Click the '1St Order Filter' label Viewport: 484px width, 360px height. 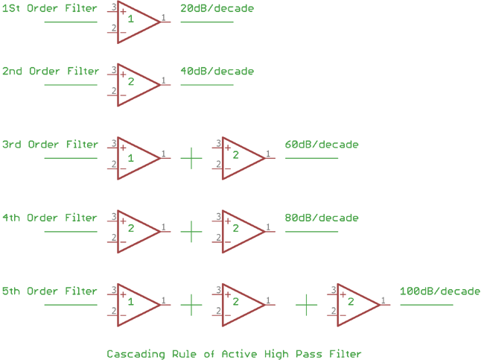coord(50,9)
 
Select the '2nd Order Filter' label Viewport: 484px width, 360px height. coord(50,72)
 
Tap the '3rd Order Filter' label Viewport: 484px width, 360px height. coord(50,145)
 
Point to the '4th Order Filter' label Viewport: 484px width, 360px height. coord(50,218)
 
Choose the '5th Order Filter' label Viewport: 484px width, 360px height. coord(50,291)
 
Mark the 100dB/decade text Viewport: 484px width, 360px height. coord(439,291)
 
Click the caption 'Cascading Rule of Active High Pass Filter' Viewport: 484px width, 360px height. coord(233,353)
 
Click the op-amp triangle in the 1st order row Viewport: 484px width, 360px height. coord(136,22)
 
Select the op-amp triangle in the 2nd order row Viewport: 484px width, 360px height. coord(136,84)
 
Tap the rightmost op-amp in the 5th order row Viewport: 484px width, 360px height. coord(355,304)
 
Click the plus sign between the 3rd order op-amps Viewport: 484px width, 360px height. coord(191,158)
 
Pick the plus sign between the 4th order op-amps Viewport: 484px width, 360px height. coord(191,231)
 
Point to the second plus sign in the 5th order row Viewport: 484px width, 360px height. coord(306,304)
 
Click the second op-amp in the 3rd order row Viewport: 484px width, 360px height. coord(240,158)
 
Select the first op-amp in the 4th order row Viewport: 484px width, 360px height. coord(136,231)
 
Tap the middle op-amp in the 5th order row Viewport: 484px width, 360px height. coord(240,304)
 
